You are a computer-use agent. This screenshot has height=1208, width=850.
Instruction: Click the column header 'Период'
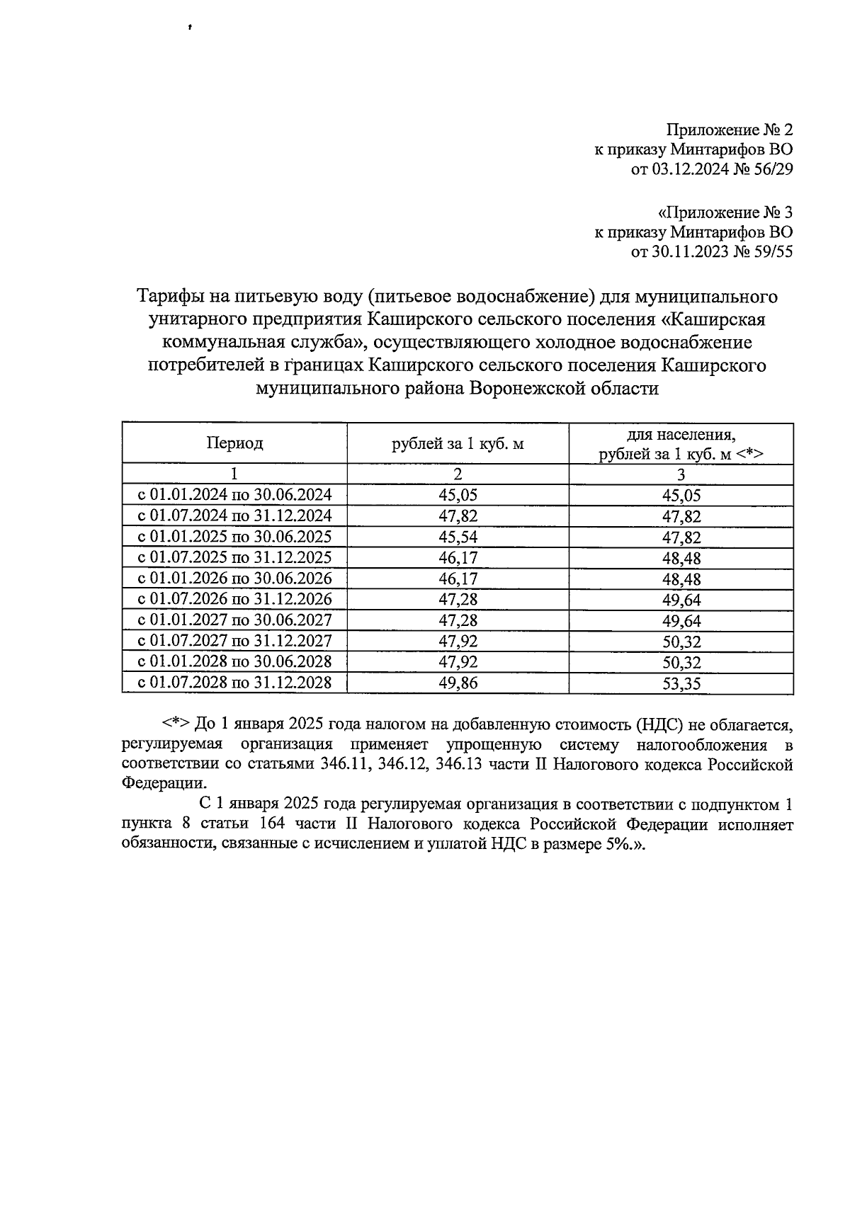pyautogui.click(x=234, y=443)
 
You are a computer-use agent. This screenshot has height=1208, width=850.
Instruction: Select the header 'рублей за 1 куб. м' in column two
pyautogui.click(x=458, y=444)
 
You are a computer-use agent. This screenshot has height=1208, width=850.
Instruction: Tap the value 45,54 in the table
pyautogui.click(x=458, y=536)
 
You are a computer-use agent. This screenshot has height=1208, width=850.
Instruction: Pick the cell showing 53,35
pyautogui.click(x=681, y=684)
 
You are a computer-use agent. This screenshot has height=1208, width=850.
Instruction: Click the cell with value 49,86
pyautogui.click(x=458, y=683)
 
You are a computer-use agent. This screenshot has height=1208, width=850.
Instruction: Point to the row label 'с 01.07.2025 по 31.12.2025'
pyautogui.click(x=234, y=557)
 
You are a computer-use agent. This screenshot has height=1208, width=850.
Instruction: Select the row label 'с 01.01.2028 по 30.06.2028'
pyautogui.click(x=234, y=662)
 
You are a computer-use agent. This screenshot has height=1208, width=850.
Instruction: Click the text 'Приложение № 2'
pyautogui.click(x=729, y=130)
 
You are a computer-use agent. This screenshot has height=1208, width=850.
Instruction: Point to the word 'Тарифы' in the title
pyautogui.click(x=169, y=296)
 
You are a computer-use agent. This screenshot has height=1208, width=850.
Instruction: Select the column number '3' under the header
pyautogui.click(x=681, y=474)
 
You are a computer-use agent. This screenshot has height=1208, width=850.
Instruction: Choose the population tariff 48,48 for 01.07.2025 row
pyautogui.click(x=681, y=558)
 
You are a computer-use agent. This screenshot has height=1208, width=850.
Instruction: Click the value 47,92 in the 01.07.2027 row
pyautogui.click(x=458, y=642)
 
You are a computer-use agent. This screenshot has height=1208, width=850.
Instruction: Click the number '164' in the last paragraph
pyautogui.click(x=276, y=826)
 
